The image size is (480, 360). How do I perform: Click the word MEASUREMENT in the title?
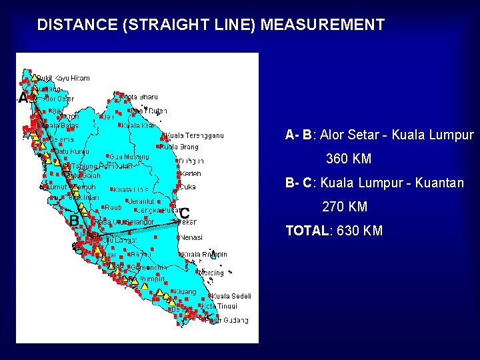[323, 25]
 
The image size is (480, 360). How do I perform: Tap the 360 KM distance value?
[348, 160]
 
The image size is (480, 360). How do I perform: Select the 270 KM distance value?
[345, 207]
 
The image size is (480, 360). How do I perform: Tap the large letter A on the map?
[23, 99]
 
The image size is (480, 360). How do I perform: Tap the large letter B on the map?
[75, 219]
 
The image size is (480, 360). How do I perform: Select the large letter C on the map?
[184, 213]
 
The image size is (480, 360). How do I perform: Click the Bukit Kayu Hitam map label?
[63, 78]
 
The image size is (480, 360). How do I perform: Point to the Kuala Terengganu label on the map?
[195, 136]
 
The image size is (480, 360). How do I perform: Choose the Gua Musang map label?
[129, 157]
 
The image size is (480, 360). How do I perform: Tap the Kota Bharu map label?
[141, 97]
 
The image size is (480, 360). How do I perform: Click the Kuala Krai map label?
[138, 125]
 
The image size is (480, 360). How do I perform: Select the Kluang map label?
[187, 291]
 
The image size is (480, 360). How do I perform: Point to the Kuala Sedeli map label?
[231, 296]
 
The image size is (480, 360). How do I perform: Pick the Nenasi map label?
[191, 237]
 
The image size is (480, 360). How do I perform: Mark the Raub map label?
[113, 207]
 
